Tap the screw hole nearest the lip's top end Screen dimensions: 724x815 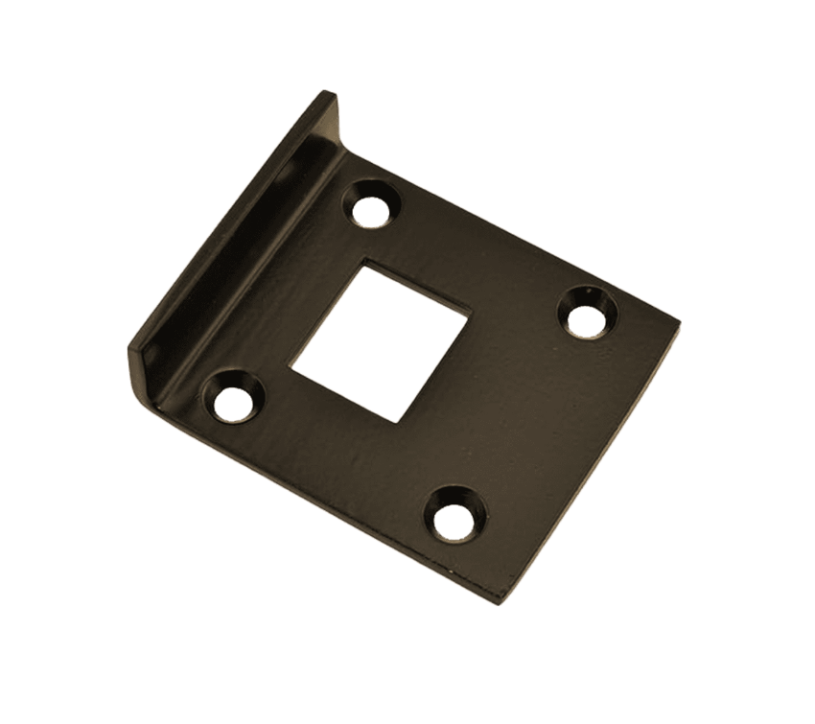click(370, 205)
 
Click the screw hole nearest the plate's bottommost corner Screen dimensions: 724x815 click(454, 514)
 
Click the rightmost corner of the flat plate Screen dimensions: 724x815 click(678, 322)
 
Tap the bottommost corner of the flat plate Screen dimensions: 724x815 click(499, 600)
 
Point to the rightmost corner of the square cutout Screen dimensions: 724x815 click(468, 313)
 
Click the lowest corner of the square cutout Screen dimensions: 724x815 click(397, 420)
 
